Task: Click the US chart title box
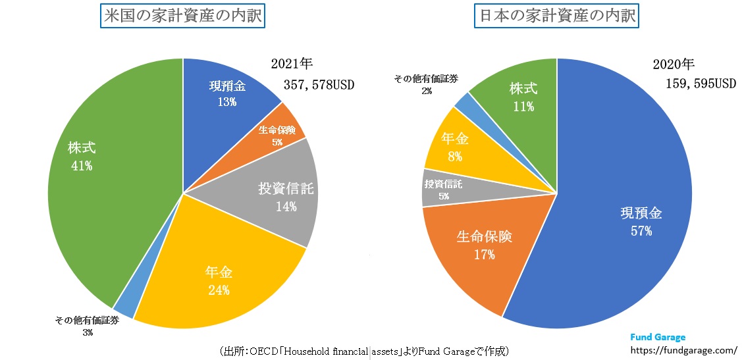pos(182,15)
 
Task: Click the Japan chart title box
pos(557,15)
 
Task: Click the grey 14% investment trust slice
pos(277,197)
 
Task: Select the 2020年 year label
pos(674,64)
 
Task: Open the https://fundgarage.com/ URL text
pos(683,351)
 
